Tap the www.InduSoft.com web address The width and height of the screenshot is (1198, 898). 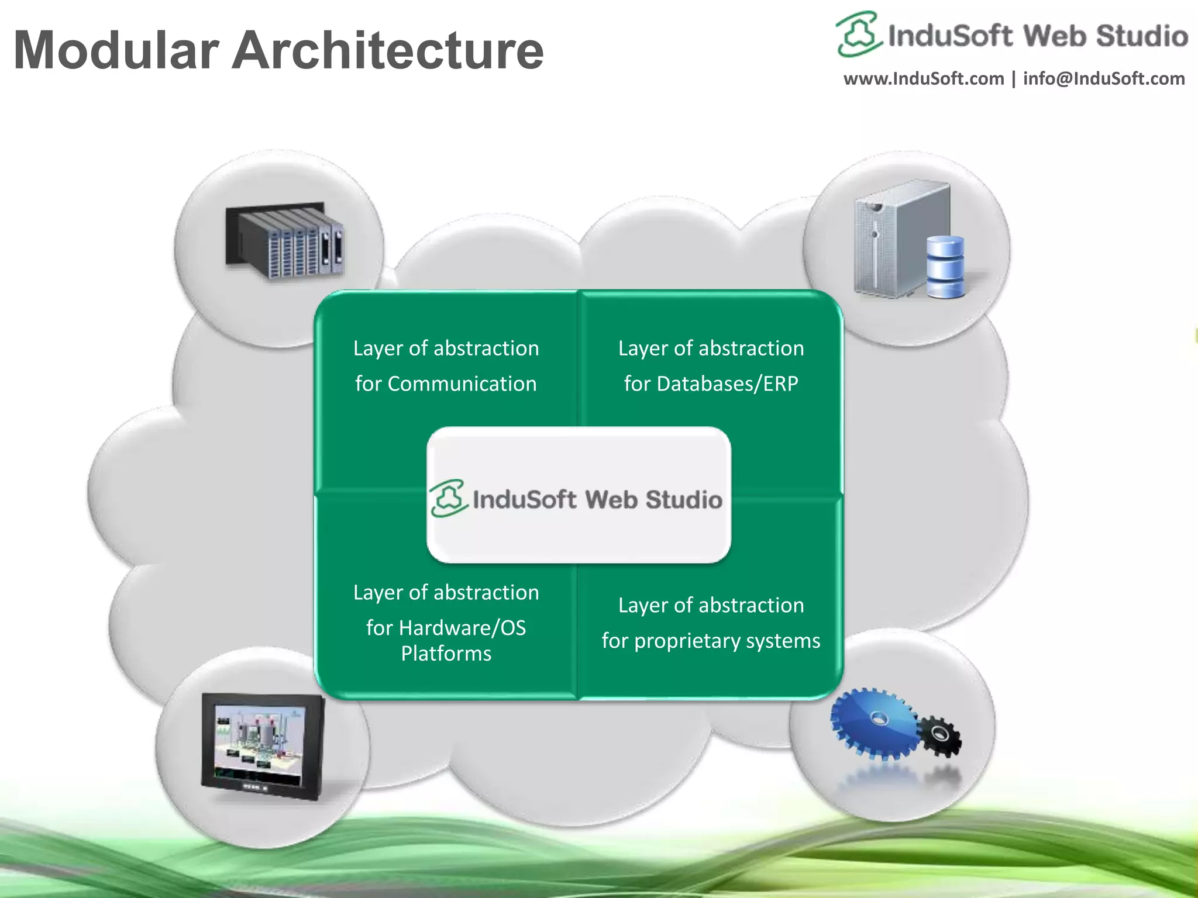pos(924,78)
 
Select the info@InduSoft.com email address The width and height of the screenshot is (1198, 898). pos(1104,78)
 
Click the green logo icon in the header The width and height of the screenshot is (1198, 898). pos(858,34)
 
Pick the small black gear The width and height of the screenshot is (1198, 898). pos(939,735)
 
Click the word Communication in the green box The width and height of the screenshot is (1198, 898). pos(462,384)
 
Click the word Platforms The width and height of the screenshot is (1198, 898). pos(446,654)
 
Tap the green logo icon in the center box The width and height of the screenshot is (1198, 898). pos(449,498)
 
